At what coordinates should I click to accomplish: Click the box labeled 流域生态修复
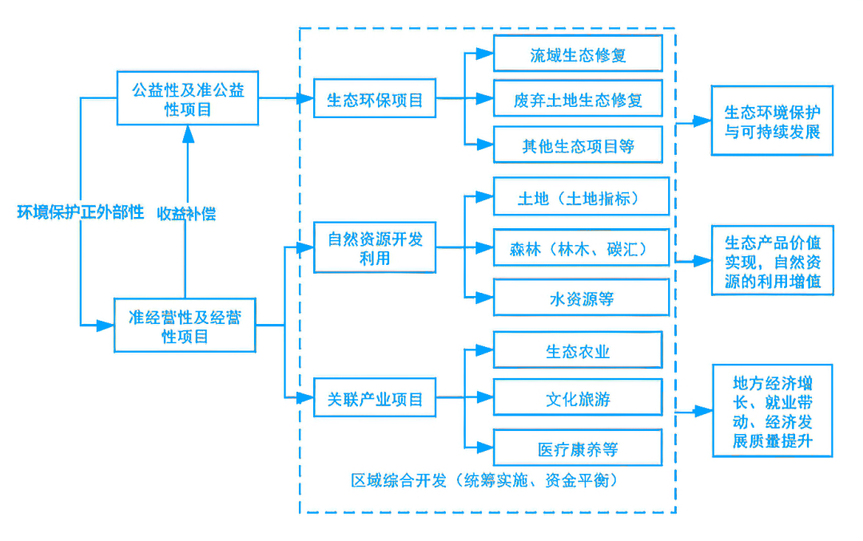click(x=577, y=55)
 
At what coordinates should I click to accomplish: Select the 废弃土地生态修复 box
click(x=577, y=101)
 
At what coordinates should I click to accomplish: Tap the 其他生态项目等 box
click(x=577, y=146)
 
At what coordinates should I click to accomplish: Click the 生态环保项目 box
click(x=375, y=100)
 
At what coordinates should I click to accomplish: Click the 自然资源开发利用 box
click(x=375, y=248)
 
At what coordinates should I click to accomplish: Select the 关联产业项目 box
click(x=375, y=398)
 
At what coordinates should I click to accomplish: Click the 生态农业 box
click(x=577, y=351)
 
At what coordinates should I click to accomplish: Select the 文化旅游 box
click(x=577, y=398)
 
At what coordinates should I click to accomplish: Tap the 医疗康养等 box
click(x=577, y=448)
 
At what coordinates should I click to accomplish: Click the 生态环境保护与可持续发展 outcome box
click(x=772, y=120)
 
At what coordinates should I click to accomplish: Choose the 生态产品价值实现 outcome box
click(x=772, y=261)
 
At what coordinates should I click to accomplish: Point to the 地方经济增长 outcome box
click(x=772, y=411)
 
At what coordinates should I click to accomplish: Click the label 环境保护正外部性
click(x=81, y=212)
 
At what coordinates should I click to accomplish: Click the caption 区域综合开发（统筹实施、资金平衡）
click(x=485, y=480)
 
